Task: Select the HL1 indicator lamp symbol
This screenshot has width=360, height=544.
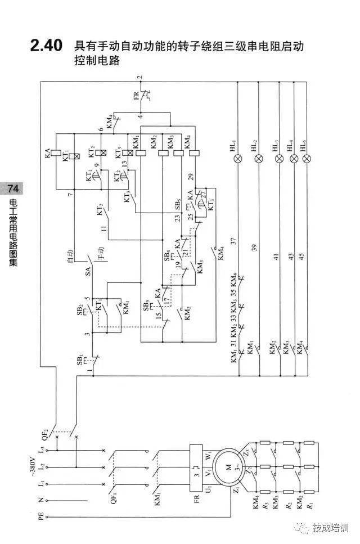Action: point(238,159)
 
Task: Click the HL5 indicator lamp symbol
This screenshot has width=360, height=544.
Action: point(307,159)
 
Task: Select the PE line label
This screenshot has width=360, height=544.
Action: point(40,515)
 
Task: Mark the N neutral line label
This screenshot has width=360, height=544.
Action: point(40,500)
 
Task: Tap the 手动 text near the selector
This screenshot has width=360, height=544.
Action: point(101,254)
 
